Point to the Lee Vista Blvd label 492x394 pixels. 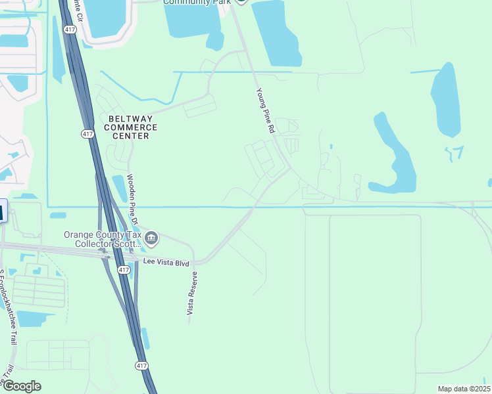[x=167, y=263]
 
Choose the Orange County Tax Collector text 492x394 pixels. [x=102, y=239]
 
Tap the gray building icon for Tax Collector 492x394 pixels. [x=152, y=238]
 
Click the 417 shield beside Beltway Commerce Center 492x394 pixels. [x=87, y=134]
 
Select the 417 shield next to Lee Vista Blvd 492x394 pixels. [x=124, y=270]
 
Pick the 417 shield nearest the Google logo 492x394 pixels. [x=142, y=365]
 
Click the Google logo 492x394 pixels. [x=21, y=386]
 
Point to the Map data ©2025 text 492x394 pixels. [x=463, y=389]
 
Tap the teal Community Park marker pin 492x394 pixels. [x=241, y=1]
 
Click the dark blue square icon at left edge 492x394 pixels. [x=2, y=212]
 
